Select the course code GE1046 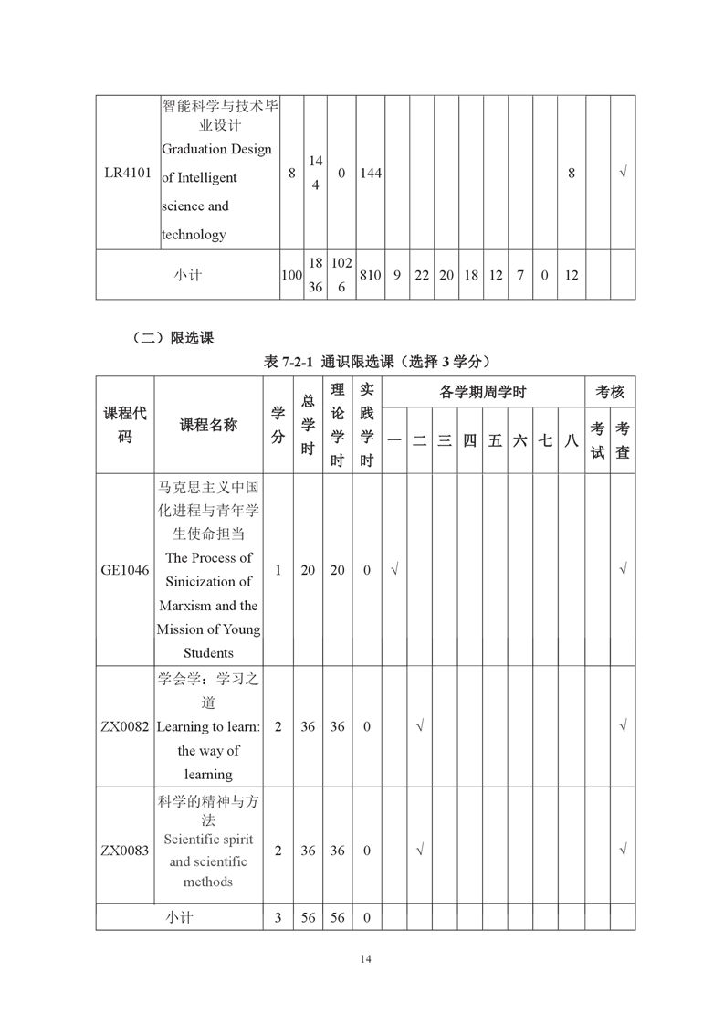pyautogui.click(x=125, y=570)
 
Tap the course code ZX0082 pyautogui.click(x=125, y=726)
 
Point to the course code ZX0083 pyautogui.click(x=125, y=851)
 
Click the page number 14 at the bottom pyautogui.click(x=365, y=958)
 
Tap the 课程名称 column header pyautogui.click(x=208, y=424)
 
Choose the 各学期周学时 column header pyautogui.click(x=483, y=393)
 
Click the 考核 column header pyautogui.click(x=610, y=393)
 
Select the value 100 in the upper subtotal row pyautogui.click(x=291, y=274)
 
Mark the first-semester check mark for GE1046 pyautogui.click(x=394, y=570)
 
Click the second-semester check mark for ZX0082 pyautogui.click(x=419, y=726)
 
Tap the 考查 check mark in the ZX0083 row pyautogui.click(x=623, y=851)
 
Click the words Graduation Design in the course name pyautogui.click(x=216, y=149)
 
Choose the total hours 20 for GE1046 pyautogui.click(x=309, y=570)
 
